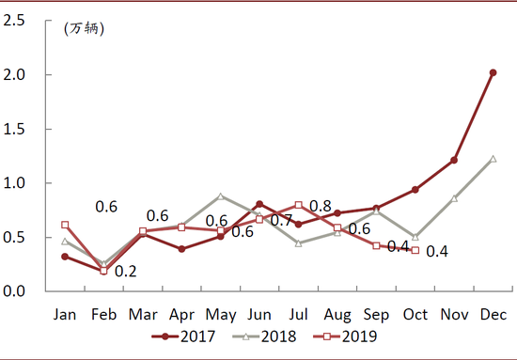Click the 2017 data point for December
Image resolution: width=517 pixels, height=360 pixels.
[x=493, y=72]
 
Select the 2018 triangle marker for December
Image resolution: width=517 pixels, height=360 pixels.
[x=493, y=159]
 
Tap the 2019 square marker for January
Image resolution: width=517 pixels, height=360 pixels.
[x=65, y=225]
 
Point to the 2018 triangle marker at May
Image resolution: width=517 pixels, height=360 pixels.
[x=220, y=196]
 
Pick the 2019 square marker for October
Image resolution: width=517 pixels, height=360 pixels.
[x=415, y=250]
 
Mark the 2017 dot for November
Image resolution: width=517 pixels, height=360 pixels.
[x=454, y=160]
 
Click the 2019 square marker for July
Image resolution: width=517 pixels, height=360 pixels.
[x=298, y=205]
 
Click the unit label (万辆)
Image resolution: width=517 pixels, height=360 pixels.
[x=85, y=28]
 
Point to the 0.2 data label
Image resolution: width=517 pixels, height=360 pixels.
[x=126, y=272]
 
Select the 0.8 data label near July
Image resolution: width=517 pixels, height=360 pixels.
[x=321, y=207]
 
